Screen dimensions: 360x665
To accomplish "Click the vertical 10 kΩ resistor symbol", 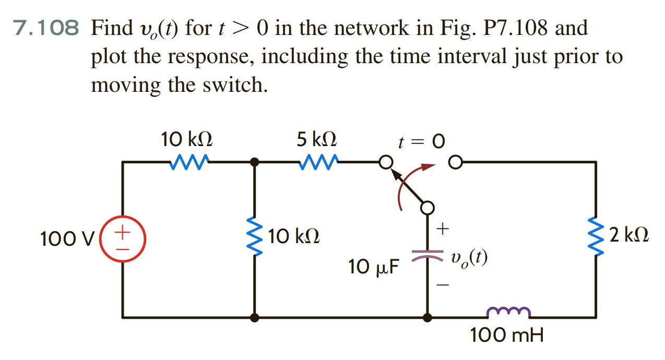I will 254,238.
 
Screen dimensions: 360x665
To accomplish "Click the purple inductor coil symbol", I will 508,311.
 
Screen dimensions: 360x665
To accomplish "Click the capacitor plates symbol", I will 427,255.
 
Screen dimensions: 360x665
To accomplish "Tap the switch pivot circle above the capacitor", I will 427,208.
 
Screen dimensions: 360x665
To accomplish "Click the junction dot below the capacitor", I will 427,317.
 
